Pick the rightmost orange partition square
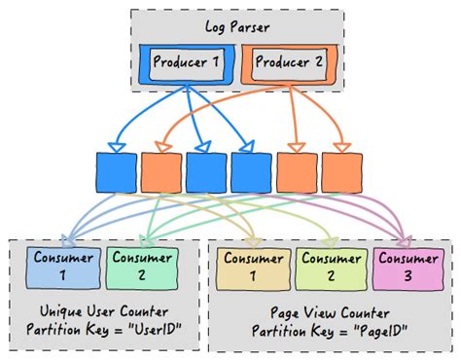click(341, 171)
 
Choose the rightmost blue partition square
click(251, 171)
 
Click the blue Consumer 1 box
click(64, 267)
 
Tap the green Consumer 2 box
click(141, 267)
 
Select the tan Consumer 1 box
click(254, 267)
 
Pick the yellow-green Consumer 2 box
click(330, 267)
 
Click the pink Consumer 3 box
click(407, 267)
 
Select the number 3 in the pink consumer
click(407, 275)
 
